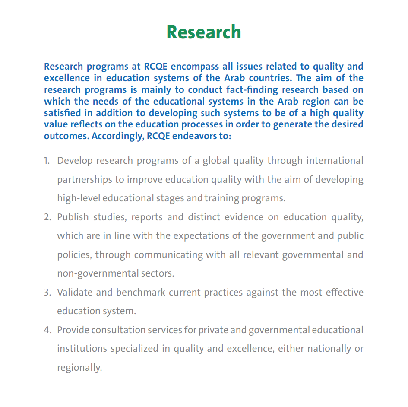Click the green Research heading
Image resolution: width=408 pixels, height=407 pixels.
pyautogui.click(x=204, y=32)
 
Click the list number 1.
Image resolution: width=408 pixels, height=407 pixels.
pyautogui.click(x=47, y=161)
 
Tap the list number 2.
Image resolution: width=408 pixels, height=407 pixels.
pyautogui.click(x=47, y=217)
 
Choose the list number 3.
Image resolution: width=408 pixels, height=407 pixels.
pyautogui.click(x=47, y=292)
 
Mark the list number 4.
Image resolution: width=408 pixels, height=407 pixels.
pyautogui.click(x=47, y=330)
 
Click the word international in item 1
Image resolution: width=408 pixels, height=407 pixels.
pyautogui.click(x=335, y=161)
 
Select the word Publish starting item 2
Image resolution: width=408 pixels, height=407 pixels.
pyautogui.click(x=72, y=217)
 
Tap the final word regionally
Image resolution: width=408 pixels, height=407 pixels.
pyautogui.click(x=79, y=368)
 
